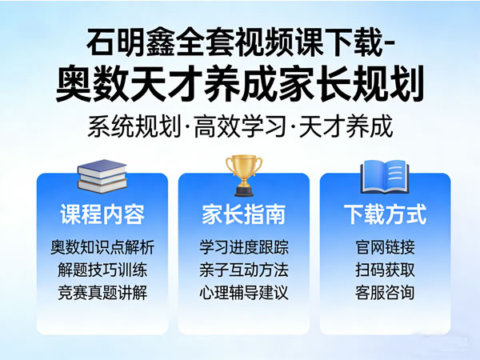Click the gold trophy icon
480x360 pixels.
click(x=244, y=175)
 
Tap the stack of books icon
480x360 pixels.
click(x=102, y=177)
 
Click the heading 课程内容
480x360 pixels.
click(x=102, y=214)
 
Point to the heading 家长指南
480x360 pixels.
click(x=244, y=214)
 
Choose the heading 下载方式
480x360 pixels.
click(x=385, y=214)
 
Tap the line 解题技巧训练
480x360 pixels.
click(x=102, y=269)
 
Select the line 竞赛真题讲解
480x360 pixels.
click(x=102, y=292)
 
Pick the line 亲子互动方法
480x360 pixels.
click(x=244, y=269)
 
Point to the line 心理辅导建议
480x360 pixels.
click(x=244, y=292)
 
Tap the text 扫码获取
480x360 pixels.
click(x=385, y=269)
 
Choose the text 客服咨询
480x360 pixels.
click(x=385, y=292)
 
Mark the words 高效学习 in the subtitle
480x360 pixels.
click(x=239, y=126)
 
